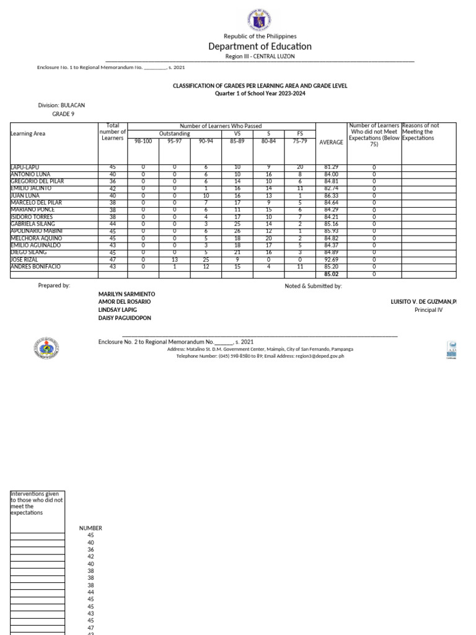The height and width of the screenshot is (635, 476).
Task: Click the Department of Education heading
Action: [x=260, y=47]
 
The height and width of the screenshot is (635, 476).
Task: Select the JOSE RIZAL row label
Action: [x=24, y=260]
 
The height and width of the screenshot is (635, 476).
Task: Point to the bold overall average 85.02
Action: [x=331, y=274]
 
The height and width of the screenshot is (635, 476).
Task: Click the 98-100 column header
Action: [x=143, y=141]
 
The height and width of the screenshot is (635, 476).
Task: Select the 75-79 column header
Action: [x=300, y=141]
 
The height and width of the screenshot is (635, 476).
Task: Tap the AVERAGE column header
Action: [x=331, y=143]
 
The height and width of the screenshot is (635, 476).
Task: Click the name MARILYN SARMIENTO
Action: [x=127, y=293]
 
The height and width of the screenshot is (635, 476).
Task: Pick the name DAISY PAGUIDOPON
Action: [x=125, y=317]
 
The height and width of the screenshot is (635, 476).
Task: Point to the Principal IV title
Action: [x=428, y=309]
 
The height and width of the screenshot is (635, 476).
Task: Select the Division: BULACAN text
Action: [x=61, y=105]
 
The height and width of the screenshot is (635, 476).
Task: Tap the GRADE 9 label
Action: [x=63, y=114]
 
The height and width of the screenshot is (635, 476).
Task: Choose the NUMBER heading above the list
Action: [x=90, y=528]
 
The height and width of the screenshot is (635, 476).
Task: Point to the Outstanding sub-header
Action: [x=175, y=133]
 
